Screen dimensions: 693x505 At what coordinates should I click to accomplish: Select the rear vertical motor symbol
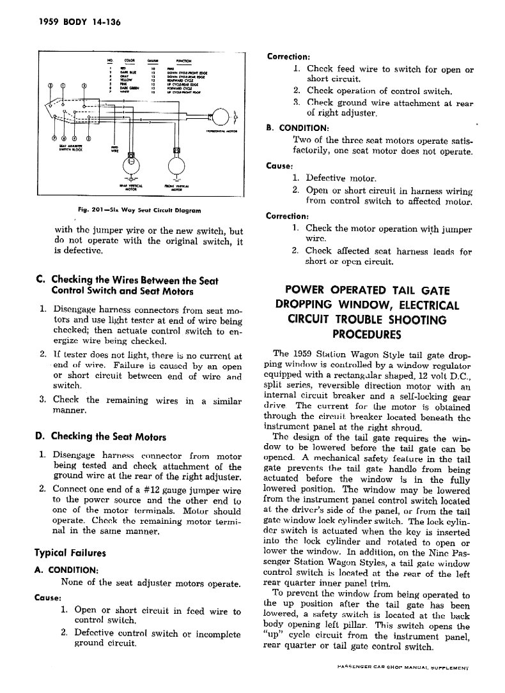click(x=132, y=165)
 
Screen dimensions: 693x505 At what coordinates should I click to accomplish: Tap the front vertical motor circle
click(x=175, y=165)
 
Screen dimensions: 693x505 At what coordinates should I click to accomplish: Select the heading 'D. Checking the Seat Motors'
click(x=100, y=437)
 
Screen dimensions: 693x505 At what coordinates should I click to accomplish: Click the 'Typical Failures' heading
click(x=70, y=552)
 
